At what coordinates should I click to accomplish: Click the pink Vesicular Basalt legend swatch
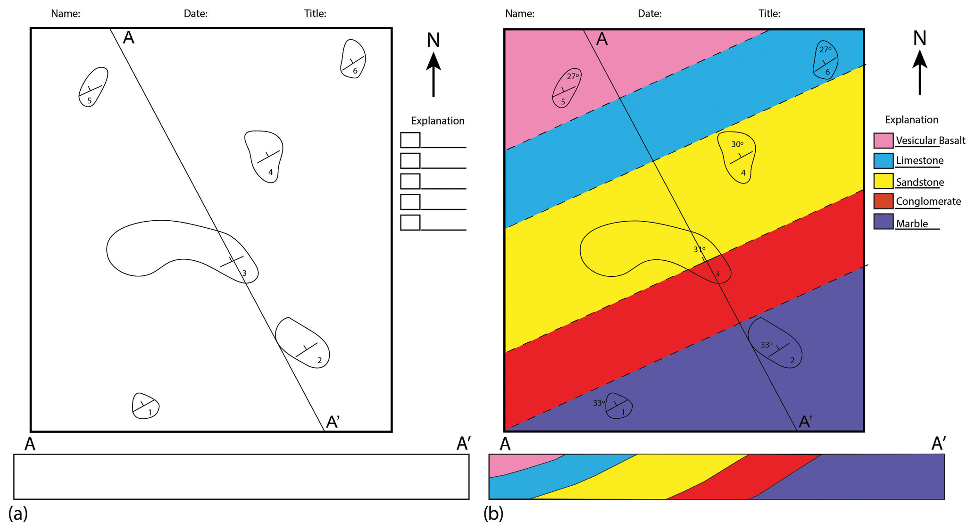883,141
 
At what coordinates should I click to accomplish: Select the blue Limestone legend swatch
883,161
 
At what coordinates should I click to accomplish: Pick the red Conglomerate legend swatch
883,201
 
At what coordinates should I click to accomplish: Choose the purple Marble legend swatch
883,222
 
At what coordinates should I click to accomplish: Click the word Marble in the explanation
912,224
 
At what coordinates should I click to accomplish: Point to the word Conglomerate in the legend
928,201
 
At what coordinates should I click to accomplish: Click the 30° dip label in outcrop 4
737,144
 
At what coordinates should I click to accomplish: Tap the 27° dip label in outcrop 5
573,76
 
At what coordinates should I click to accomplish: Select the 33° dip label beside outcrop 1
599,403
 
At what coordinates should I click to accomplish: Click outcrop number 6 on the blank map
355,71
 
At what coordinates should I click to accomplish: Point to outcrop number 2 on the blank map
319,360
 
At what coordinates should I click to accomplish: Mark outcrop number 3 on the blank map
244,273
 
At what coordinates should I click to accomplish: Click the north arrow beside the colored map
920,72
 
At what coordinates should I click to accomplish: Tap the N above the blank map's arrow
433,41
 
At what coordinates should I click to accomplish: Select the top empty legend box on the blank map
410,140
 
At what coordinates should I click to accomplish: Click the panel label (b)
493,513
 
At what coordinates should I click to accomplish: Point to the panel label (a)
18,513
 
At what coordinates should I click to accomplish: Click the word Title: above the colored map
769,14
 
